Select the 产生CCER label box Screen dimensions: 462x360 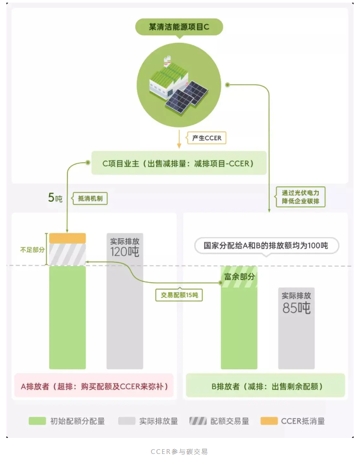point(206,138)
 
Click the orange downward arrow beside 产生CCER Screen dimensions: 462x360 point(180,139)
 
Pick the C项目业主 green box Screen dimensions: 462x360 point(179,163)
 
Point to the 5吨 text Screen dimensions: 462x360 point(55,198)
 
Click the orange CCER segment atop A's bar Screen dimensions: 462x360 point(67,238)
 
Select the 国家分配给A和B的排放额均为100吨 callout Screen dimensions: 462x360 point(265,246)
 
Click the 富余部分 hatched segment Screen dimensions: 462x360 point(239,277)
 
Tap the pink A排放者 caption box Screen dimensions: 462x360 point(94,386)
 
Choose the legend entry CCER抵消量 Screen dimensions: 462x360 point(293,421)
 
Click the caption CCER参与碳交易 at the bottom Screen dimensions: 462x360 point(179,451)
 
